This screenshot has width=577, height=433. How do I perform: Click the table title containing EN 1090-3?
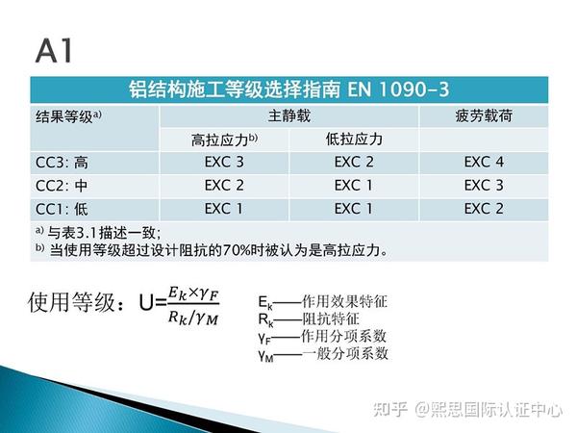[x=288, y=89]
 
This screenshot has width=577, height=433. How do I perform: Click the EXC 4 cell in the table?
[x=483, y=162]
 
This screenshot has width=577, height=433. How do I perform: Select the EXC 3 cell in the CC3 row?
[x=224, y=162]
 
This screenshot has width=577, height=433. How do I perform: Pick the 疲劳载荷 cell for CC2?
[x=483, y=186]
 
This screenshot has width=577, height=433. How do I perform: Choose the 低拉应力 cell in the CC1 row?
[x=353, y=209]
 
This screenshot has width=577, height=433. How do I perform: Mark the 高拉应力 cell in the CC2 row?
[x=224, y=186]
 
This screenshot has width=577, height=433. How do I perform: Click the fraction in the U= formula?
[x=192, y=305]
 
